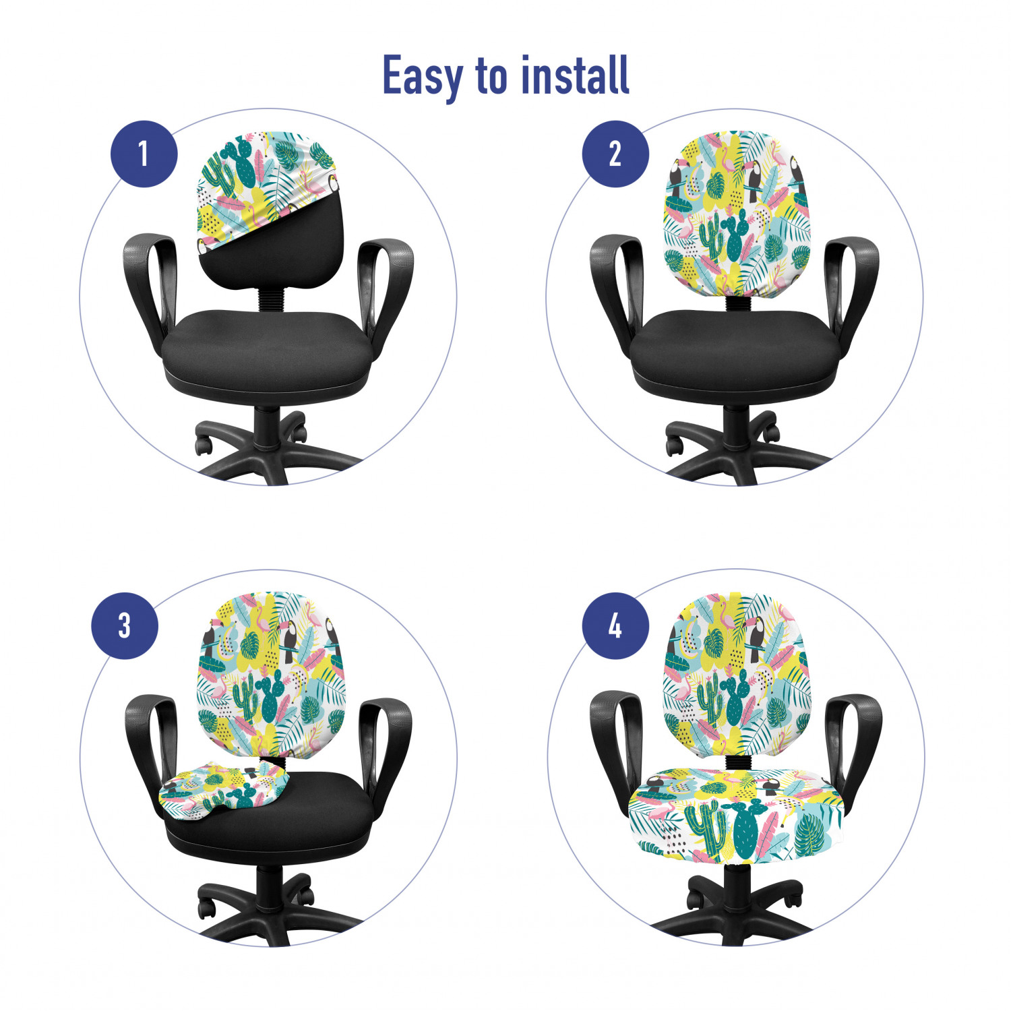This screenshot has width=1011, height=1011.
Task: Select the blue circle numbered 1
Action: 144,154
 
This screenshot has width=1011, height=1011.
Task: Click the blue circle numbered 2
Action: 615,154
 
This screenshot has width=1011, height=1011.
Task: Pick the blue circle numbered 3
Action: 125,625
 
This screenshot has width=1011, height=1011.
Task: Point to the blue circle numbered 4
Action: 615,626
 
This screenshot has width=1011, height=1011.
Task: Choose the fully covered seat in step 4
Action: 735,816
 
